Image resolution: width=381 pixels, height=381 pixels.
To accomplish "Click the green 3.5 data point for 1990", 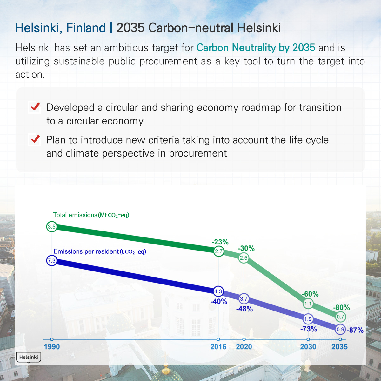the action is pos(52,227).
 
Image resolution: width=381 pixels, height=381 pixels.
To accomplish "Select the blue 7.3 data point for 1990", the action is pos(52,260).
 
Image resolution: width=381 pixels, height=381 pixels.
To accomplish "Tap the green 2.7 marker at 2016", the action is pos(219,251).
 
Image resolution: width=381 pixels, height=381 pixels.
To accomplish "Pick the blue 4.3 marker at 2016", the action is pos(218,291).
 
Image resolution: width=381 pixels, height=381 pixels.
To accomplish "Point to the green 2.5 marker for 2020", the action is pos(244,258).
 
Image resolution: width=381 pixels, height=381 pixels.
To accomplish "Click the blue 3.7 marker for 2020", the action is pos(244,298).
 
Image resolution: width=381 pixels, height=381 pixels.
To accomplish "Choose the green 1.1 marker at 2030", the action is pos(308,304).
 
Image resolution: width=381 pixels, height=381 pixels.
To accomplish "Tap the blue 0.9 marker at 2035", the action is pos(340,329).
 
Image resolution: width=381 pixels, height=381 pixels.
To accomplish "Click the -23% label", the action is pos(220,242).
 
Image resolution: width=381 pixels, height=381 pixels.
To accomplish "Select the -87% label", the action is pos(355,330).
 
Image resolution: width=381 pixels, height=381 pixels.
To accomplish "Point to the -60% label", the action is pos(310,294).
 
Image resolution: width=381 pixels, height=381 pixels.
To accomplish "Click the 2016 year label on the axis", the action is pos(218,347).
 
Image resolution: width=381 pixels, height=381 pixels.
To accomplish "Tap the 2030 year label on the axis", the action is pos(308,347).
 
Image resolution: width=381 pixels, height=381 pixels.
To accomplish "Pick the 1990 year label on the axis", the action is pos(52,347).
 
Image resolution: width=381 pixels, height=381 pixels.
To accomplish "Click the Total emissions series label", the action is pos(91,215).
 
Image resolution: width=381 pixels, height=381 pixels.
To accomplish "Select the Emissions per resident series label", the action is pos(100,251).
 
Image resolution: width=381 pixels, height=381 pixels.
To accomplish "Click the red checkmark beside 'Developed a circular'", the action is pos(35,106).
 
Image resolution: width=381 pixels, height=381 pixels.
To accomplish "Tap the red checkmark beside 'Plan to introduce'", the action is pos(35,139).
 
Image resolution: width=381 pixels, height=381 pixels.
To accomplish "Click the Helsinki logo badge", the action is pos(29,358).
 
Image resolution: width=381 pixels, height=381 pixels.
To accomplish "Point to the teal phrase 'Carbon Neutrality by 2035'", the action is pos(256,48).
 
